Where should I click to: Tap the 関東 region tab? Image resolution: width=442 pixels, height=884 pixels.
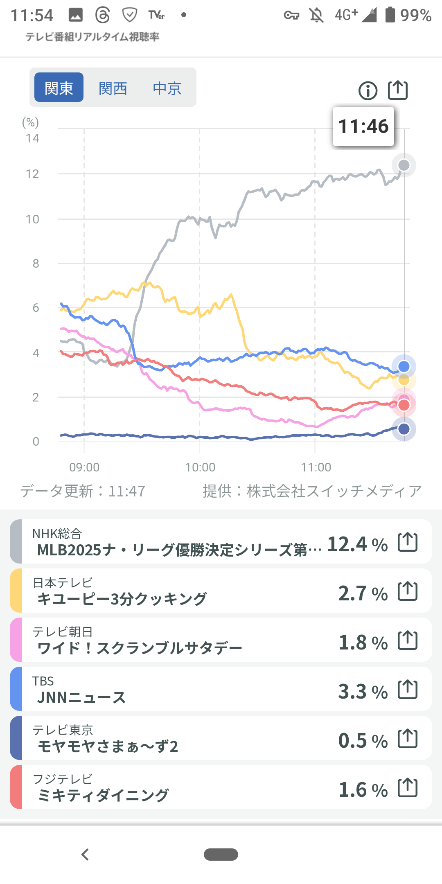pos(59,88)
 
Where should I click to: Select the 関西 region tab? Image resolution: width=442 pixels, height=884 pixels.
pos(113,88)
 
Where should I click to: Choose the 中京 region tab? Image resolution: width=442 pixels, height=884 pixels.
pos(167,88)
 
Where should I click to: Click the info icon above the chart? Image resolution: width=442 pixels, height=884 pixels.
pos(368,90)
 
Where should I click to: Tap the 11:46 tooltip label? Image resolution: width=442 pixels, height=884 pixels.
pos(363,126)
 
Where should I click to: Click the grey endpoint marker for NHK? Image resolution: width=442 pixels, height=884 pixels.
pos(404,165)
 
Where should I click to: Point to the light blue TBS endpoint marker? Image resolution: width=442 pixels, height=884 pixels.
pos(404,366)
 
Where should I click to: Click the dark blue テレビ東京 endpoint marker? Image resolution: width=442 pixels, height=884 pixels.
pos(404,429)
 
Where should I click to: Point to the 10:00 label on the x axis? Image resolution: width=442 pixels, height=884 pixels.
pos(200,467)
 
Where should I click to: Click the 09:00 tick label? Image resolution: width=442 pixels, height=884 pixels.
pos(84,467)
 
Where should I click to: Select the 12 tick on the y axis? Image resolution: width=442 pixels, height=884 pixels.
pos(32,174)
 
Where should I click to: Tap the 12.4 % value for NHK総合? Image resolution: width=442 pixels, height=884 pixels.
pos(357,544)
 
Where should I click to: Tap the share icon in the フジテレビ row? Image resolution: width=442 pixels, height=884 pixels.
pos(408,788)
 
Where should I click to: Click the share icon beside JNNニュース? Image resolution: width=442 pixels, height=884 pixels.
pos(408,690)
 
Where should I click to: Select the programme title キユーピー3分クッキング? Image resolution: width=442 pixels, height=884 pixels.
pos(122,599)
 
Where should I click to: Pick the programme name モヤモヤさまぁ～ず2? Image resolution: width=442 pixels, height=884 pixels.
pos(108,746)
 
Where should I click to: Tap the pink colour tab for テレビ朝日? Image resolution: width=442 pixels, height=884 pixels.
pos(16,640)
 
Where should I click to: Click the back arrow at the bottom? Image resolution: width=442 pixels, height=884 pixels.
pos(85,855)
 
